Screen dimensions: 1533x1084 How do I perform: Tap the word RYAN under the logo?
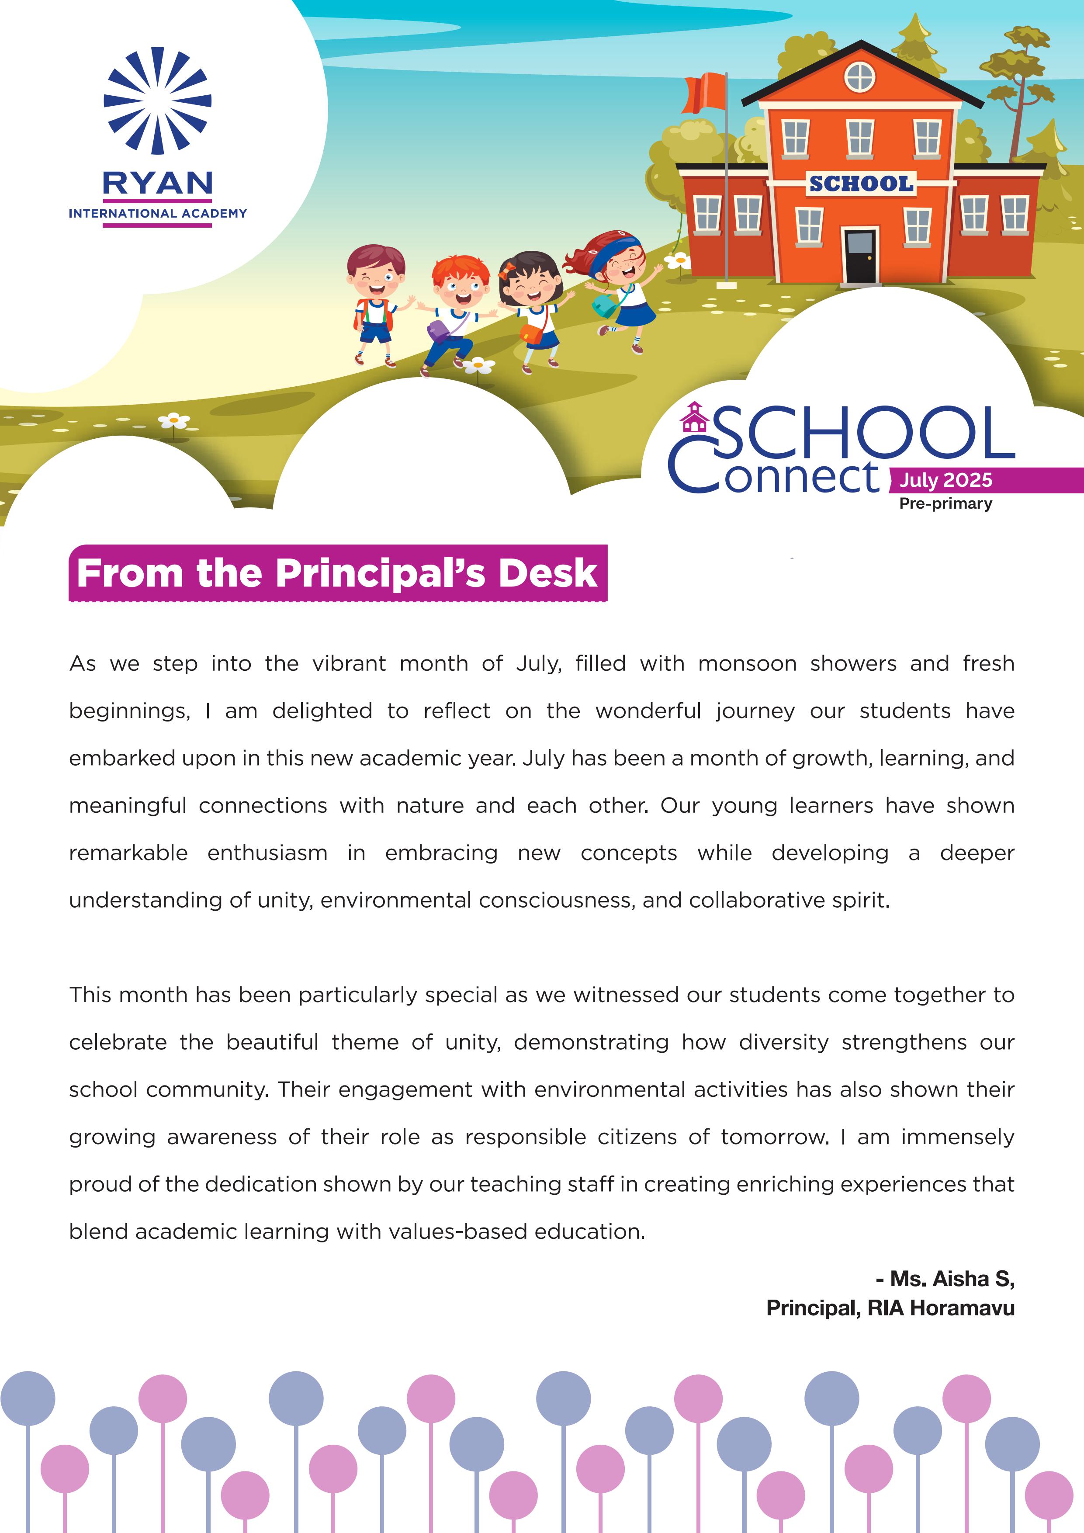(x=158, y=183)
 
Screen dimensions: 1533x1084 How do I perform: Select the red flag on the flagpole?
(x=705, y=94)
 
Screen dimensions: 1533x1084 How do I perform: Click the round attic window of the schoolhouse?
(x=860, y=77)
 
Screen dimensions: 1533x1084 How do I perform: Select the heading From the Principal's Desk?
(x=337, y=573)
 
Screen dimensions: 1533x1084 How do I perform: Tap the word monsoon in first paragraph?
(x=747, y=664)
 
